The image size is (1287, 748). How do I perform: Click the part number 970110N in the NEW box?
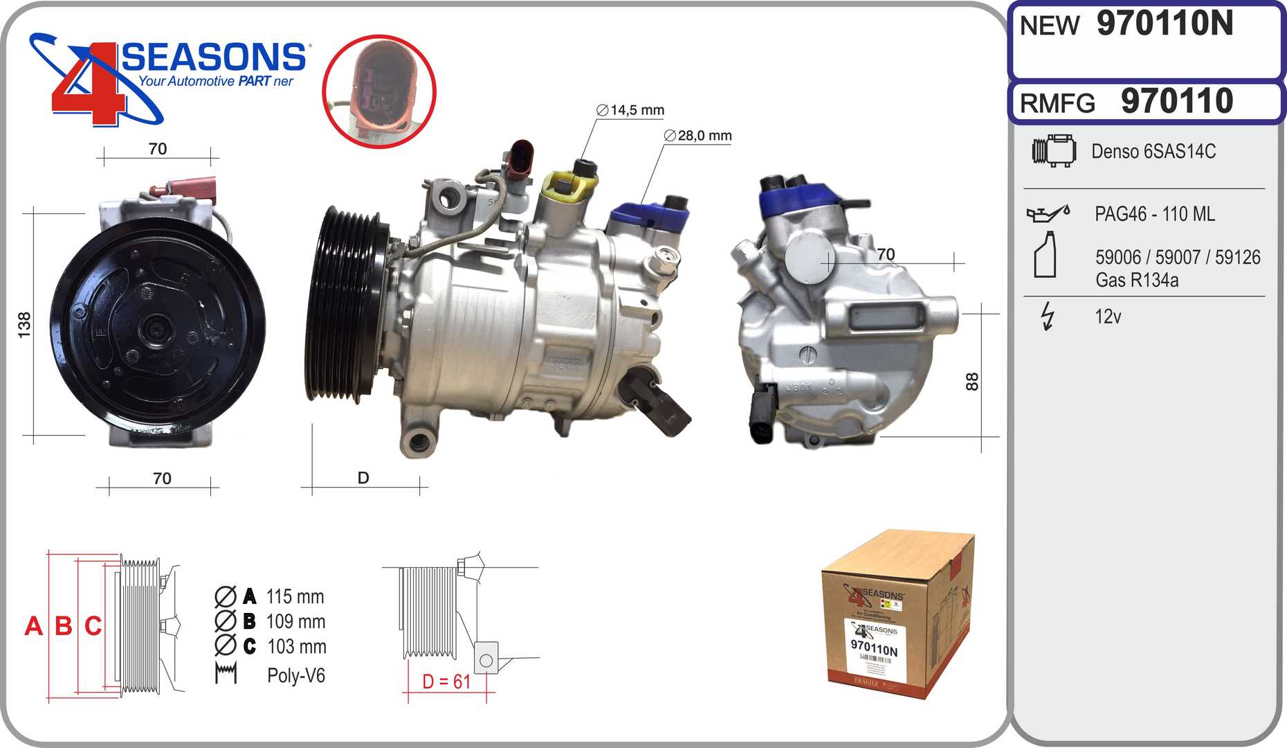[1165, 24]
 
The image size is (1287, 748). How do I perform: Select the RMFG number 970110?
[1176, 102]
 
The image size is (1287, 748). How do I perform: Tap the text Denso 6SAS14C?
[1153, 152]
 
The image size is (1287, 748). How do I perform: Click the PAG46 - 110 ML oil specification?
[1154, 214]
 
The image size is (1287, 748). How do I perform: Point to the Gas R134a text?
[1136, 280]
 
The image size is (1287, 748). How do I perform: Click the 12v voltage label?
[1107, 317]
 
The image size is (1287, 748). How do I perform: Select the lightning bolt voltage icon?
[1048, 317]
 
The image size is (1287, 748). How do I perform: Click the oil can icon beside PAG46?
[1048, 213]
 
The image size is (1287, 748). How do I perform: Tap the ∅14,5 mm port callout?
[630, 110]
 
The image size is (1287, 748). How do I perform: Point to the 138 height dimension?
[25, 325]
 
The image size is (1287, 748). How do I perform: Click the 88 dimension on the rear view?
[972, 382]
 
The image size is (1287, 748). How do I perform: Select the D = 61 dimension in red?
[446, 682]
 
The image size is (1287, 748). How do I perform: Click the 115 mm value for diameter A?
[295, 597]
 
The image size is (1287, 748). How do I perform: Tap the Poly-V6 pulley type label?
[295, 676]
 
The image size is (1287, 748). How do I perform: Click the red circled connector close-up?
[378, 91]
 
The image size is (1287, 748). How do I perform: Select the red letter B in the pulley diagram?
[63, 626]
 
